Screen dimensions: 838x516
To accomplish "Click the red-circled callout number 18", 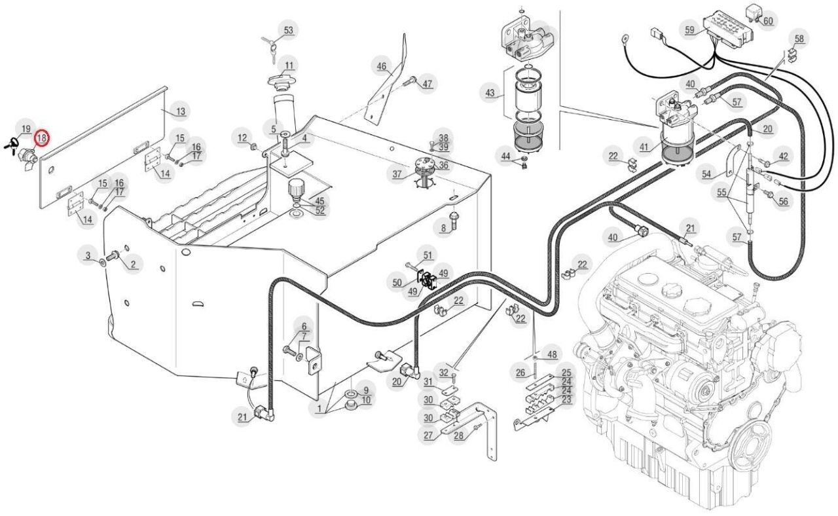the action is coord(41,138).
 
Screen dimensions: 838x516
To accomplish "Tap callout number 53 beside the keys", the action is coord(289,30).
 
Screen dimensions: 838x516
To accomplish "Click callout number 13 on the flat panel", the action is coord(181,111).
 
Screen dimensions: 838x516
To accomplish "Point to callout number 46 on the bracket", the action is coord(381,67).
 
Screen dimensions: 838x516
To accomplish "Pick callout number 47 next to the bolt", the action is coord(428,83).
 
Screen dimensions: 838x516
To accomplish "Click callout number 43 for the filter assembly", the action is coord(490,93).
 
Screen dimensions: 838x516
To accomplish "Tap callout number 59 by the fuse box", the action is coord(689,30).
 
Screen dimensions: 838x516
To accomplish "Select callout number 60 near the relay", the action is coord(768,21).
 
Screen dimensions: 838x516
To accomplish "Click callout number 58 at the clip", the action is coord(799,39).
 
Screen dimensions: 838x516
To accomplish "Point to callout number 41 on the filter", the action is coord(644,147).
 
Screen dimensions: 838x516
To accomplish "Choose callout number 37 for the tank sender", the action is coord(397,174).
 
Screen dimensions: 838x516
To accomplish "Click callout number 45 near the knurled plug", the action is coord(319,201).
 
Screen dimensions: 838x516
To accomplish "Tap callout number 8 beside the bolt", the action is coord(444,228).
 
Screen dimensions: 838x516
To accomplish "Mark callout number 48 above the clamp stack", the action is coord(552,354).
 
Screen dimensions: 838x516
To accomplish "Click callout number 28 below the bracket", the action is coord(459,435).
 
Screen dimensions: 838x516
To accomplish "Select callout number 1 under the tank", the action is coord(319,408).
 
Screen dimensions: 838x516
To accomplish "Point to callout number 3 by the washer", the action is coord(88,255).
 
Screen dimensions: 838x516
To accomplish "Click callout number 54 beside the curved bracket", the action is coord(706,174).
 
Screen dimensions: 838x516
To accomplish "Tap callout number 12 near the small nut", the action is coord(242,138).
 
